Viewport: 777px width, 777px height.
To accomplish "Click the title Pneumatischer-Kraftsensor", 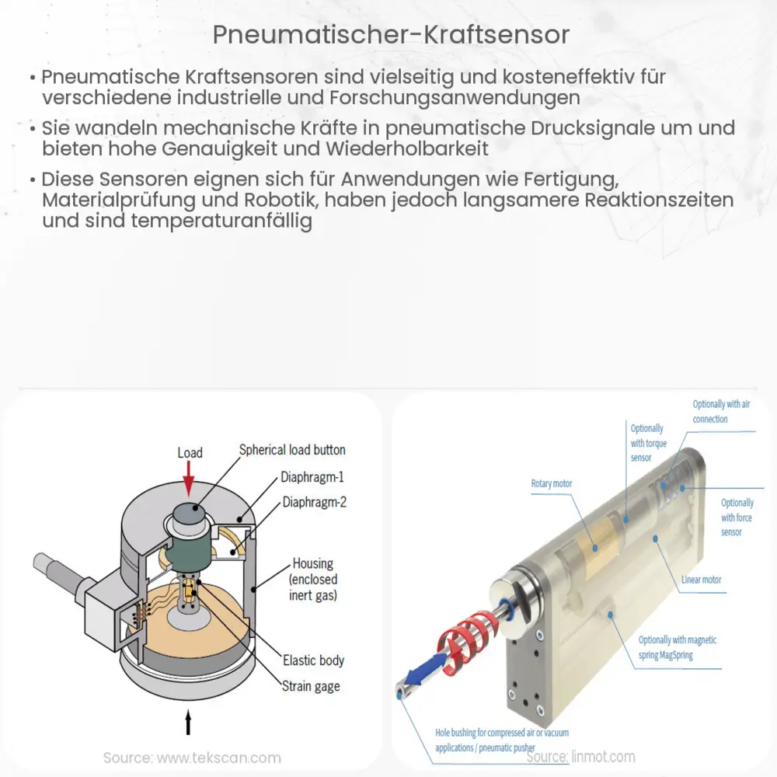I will (388, 35).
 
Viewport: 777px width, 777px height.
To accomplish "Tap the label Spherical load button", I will (292, 450).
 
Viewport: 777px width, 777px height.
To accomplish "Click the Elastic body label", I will (313, 660).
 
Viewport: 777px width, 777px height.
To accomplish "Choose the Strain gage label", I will (311, 686).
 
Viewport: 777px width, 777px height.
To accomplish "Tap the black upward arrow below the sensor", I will (187, 723).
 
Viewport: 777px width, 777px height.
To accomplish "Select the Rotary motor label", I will (552, 483).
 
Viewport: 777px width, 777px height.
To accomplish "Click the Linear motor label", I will (702, 580).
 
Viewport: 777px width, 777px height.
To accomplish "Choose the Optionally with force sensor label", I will (737, 517).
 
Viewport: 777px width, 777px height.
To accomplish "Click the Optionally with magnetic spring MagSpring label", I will (678, 647).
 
